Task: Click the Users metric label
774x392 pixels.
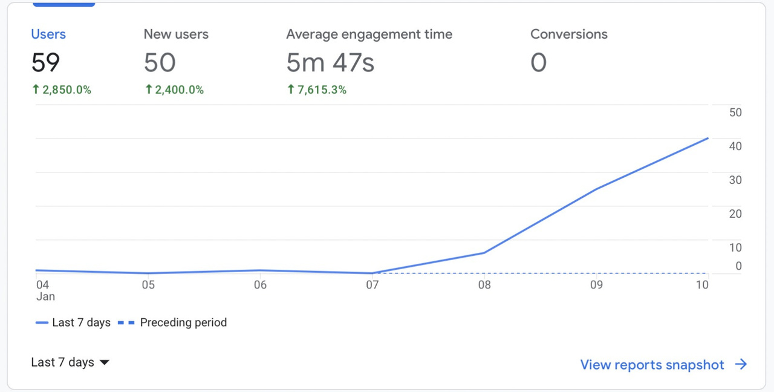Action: point(48,34)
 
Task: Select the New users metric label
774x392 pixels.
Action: point(176,34)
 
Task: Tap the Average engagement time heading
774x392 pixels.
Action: point(369,34)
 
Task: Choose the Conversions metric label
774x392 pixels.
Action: point(569,34)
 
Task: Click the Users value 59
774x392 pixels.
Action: point(45,62)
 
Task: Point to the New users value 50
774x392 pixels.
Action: point(160,62)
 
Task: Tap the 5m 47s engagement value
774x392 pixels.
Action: point(330,62)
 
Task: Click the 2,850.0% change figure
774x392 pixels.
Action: point(67,90)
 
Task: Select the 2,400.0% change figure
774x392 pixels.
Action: point(179,90)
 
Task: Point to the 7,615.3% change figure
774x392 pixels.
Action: point(322,90)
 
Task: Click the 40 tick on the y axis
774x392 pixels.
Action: point(735,146)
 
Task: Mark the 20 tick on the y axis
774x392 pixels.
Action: point(735,214)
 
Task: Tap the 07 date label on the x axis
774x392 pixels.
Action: point(372,285)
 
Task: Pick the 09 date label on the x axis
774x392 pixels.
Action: point(596,285)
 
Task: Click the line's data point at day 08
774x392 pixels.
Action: point(484,253)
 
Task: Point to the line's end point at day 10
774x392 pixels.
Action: point(708,139)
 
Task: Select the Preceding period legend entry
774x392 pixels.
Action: point(172,322)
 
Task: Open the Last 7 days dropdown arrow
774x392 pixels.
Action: point(105,362)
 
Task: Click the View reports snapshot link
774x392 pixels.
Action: point(663,365)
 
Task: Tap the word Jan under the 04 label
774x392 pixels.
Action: point(45,296)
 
